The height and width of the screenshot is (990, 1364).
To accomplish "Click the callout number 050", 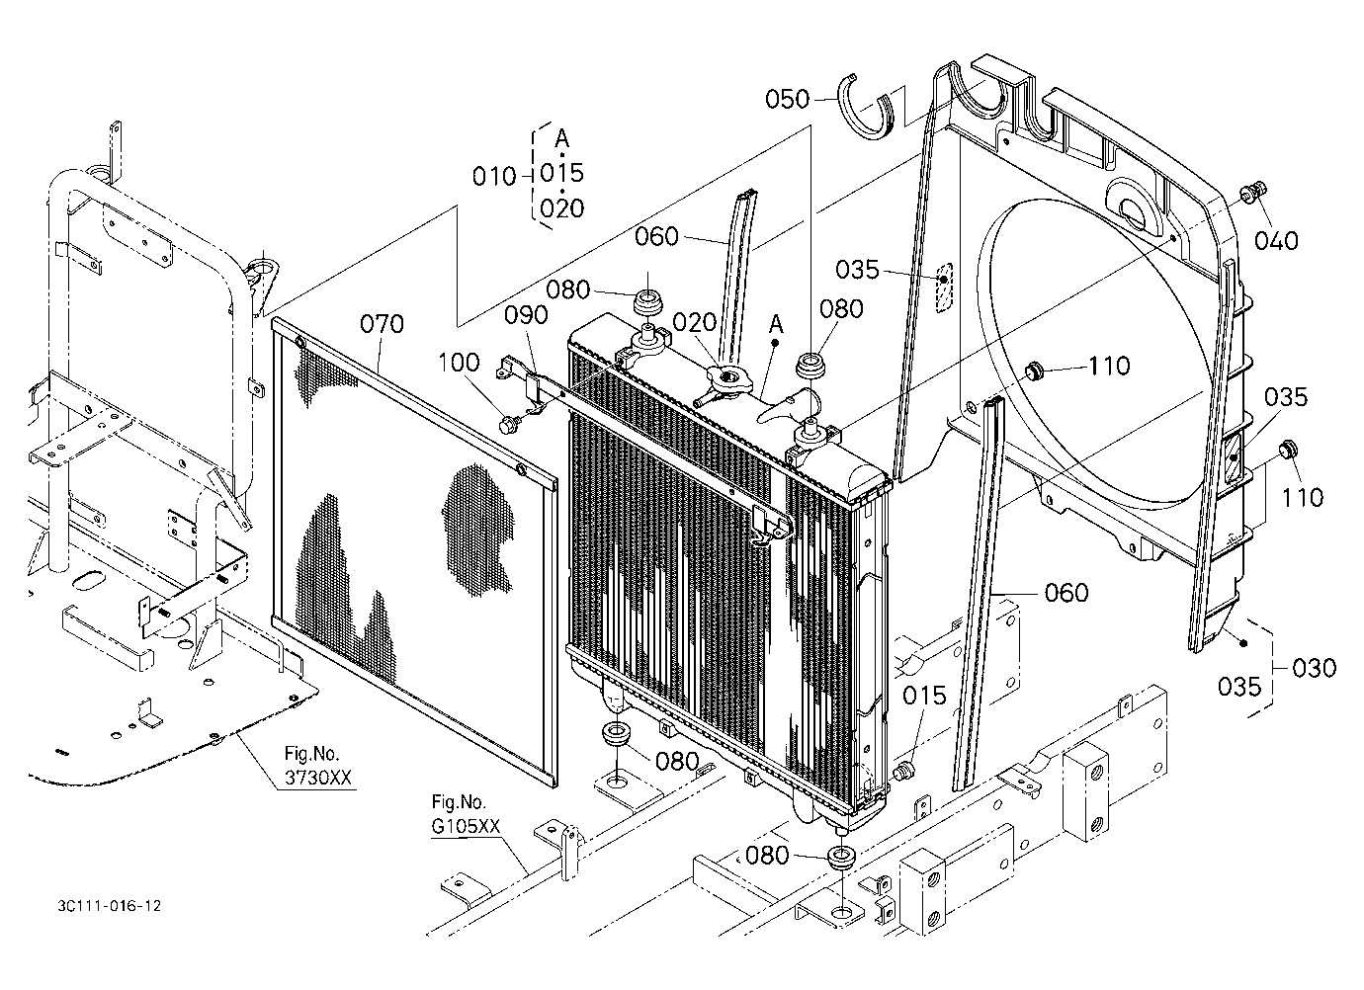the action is [787, 99].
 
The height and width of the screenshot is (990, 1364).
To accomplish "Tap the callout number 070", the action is [382, 323].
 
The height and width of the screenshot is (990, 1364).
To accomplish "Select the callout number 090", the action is [526, 315].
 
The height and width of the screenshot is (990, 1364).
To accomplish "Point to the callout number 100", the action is [460, 363].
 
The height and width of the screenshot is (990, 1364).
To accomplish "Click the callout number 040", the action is [1276, 241].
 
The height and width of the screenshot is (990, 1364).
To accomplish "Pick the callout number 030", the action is [1314, 668].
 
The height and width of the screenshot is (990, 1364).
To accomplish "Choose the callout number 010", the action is [494, 177].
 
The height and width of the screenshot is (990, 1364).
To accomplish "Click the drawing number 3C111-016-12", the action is [110, 906].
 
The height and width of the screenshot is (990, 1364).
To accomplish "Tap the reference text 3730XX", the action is [318, 778].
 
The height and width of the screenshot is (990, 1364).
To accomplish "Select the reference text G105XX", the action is [466, 826].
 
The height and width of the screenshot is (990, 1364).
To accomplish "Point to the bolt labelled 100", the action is [508, 425].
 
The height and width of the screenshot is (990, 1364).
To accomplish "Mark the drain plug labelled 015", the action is [903, 771].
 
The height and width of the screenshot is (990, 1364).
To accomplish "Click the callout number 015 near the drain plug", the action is [924, 696].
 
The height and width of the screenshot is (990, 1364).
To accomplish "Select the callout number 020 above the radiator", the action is [694, 323].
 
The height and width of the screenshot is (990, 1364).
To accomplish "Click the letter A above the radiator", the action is [776, 324].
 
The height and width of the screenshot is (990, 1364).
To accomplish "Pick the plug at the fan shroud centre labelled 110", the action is [1033, 371].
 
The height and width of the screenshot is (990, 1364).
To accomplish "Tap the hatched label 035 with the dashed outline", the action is [943, 288].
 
